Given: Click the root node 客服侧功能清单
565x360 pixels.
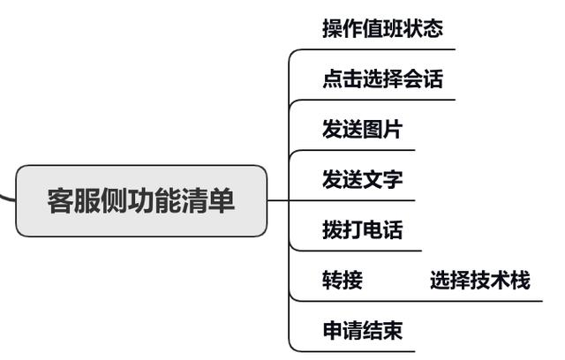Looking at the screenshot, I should click(x=141, y=201).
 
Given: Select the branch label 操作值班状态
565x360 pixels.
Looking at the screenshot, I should click(x=382, y=28).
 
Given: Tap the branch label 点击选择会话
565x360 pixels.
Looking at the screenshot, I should click(x=382, y=79).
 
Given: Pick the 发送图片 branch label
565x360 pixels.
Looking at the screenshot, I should click(x=362, y=130).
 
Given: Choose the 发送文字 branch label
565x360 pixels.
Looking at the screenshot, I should click(x=362, y=180).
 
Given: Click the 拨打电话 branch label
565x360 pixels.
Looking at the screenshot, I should click(x=362, y=230).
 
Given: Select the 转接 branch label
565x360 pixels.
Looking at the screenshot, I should click(x=343, y=281).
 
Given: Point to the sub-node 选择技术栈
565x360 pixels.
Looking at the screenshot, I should click(x=480, y=281).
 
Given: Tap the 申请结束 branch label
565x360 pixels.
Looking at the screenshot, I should click(x=362, y=331).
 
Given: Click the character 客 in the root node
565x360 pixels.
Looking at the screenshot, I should click(x=61, y=201).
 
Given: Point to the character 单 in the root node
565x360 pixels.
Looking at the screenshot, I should click(x=222, y=201).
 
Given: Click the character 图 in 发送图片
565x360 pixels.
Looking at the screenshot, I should click(x=373, y=130).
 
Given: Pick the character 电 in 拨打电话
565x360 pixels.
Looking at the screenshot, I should click(x=373, y=230).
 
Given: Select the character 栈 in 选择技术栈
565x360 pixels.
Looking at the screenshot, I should click(x=520, y=281).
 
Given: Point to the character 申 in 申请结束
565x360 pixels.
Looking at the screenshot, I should click(x=332, y=331).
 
